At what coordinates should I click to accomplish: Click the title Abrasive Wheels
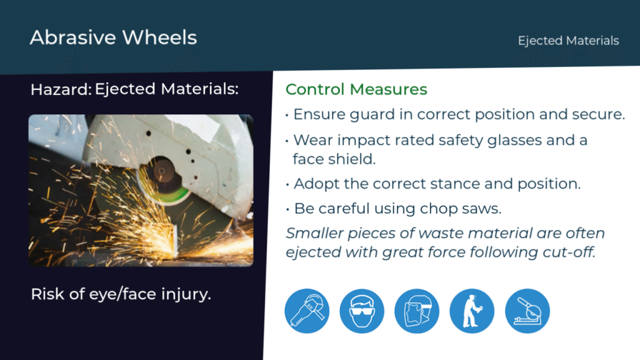114,37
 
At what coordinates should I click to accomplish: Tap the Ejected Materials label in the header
568,41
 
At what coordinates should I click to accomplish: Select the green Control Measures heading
356,89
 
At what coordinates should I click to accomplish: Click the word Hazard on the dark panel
60,89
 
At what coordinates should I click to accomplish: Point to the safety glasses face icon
362,311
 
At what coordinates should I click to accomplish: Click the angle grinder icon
307,311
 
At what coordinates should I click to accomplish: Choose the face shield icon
417,311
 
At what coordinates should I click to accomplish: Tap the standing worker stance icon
472,311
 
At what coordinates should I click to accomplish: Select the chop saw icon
527,311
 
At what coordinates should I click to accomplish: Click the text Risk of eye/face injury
121,294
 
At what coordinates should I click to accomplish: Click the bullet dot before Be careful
287,209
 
